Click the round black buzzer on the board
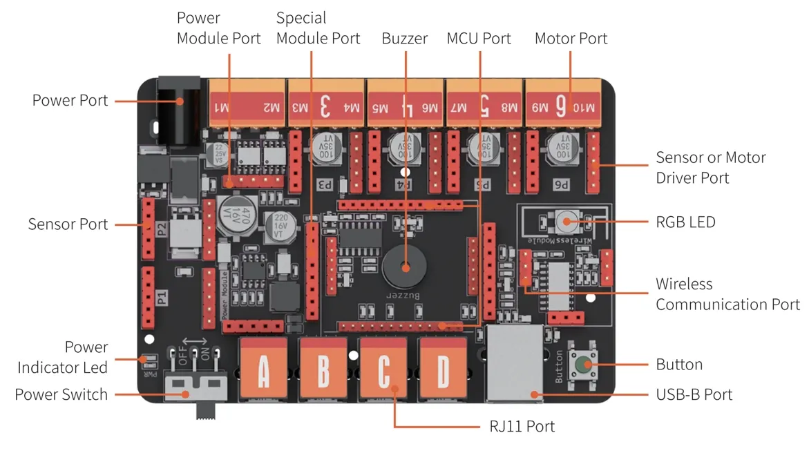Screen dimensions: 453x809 [405, 267]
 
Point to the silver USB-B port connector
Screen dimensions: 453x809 [515, 364]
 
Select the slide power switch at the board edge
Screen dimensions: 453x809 [196, 390]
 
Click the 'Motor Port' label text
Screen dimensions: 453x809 [571, 39]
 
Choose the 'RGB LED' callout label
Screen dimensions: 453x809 [685, 222]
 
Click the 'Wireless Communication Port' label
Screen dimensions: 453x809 [727, 294]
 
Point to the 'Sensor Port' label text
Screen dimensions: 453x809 [68, 224]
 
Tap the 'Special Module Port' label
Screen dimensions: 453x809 [318, 28]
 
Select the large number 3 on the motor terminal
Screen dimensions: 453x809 [325, 106]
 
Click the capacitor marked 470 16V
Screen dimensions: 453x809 [231, 211]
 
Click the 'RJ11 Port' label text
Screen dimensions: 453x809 [517, 426]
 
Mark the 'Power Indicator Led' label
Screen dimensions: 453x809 [63, 356]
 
